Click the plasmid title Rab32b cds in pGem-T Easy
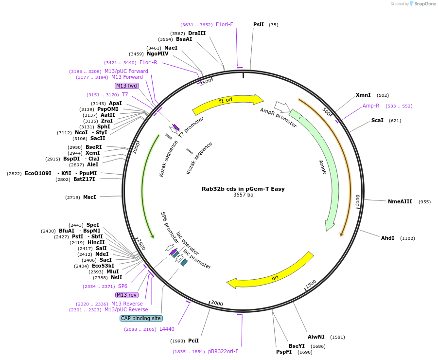243,189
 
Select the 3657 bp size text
243,195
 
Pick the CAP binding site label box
141,319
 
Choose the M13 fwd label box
126,86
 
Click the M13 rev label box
126,295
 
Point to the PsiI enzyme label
259,24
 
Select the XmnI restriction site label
363,95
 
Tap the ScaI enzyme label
377,120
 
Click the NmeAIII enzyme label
400,201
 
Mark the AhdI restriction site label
387,238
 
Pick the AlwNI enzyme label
316,337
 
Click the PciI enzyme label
193,341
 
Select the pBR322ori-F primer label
223,351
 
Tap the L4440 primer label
167,329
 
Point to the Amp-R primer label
371,106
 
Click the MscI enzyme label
89,197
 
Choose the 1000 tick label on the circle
358,200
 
